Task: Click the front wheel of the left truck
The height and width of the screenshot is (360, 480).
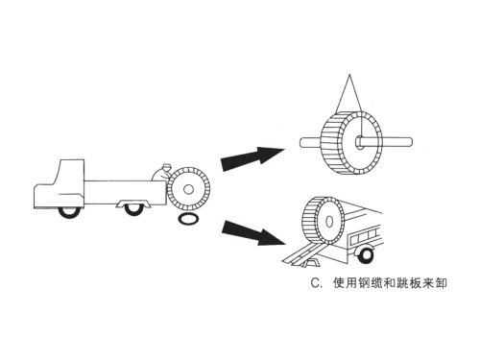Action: point(67,209)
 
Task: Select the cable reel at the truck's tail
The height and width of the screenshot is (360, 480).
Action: point(188,189)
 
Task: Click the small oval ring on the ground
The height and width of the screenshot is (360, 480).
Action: point(190,220)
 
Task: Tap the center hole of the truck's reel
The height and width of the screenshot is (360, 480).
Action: point(189,189)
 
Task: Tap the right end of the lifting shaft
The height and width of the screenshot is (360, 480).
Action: point(408,143)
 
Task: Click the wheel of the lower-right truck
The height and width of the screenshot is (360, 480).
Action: point(365,254)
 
